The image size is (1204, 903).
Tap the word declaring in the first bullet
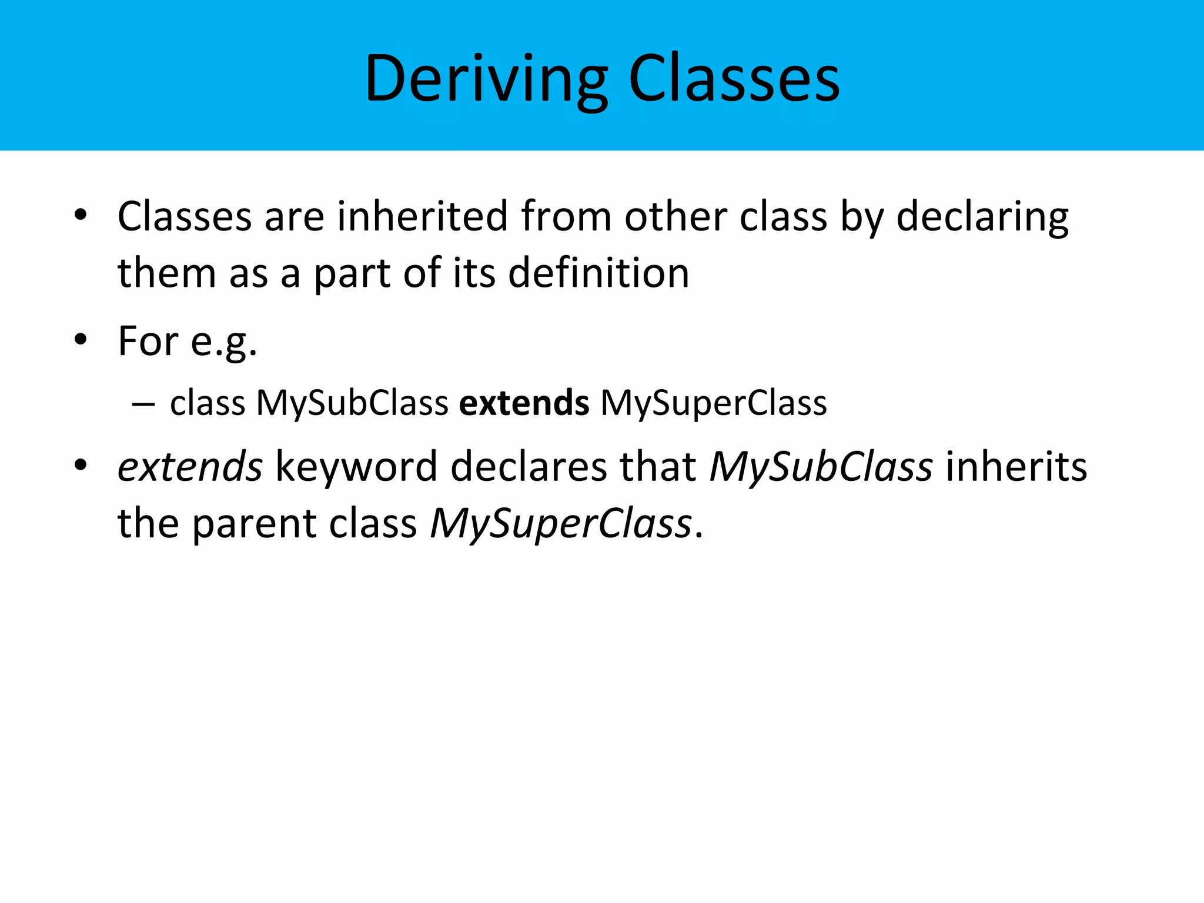point(982,216)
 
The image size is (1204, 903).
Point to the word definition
point(598,273)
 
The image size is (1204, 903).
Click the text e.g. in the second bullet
point(224,342)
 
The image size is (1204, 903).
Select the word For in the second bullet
point(148,341)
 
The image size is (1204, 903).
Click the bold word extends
point(524,403)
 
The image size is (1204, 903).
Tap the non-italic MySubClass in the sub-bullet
point(352,403)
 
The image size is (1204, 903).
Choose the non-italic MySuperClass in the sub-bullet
point(713,403)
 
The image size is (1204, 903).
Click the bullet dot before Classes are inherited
point(81,215)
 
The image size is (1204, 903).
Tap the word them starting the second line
point(167,273)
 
